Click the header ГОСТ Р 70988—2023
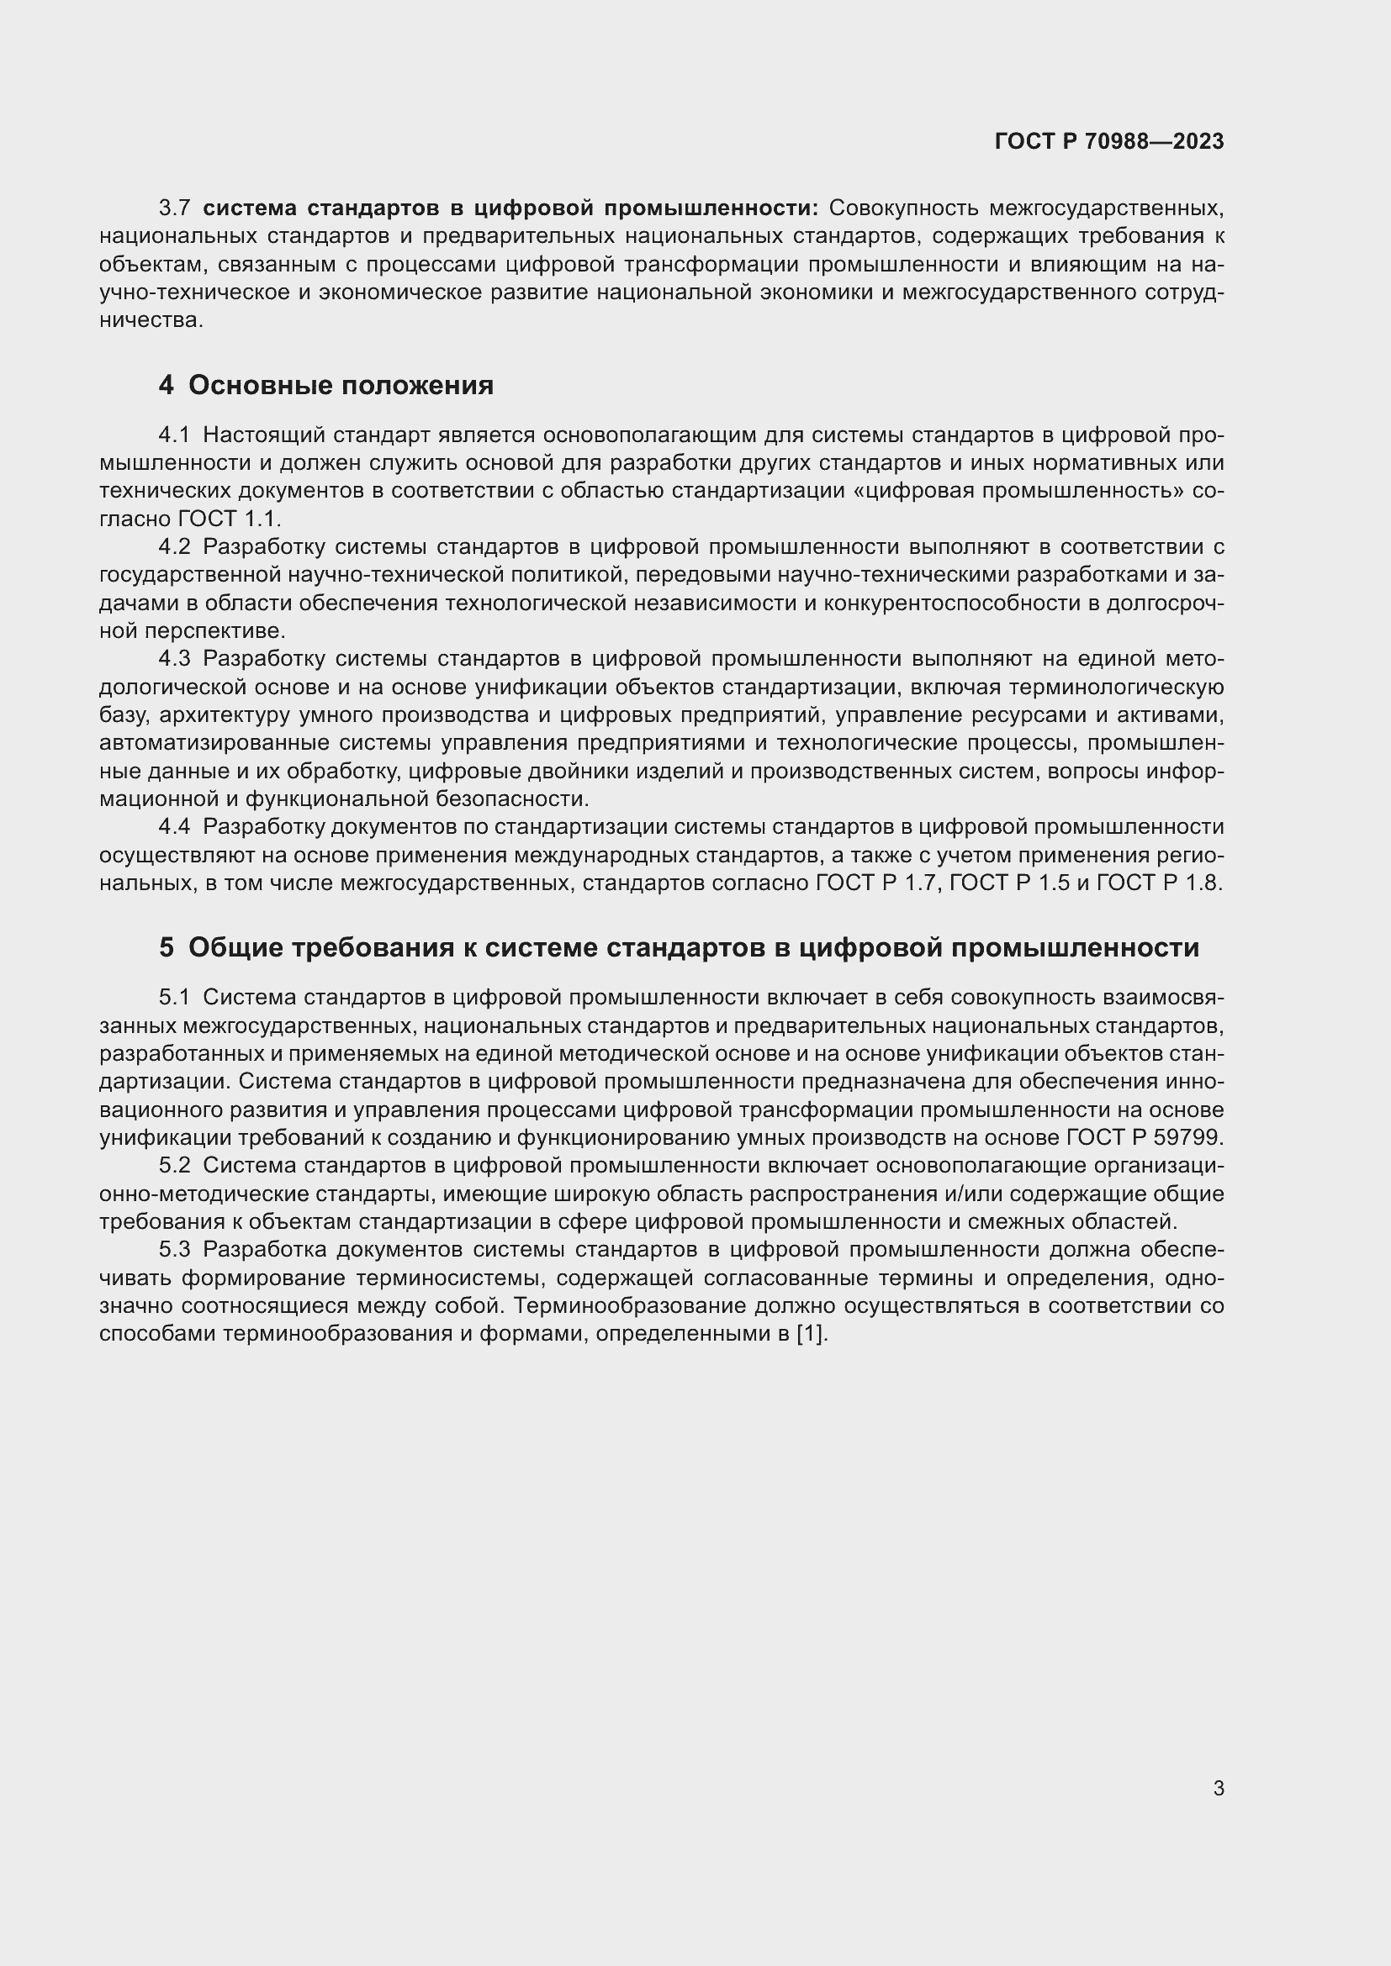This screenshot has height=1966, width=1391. coord(1109,142)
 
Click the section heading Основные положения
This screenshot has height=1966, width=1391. coord(341,385)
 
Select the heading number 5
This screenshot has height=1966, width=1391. coord(167,948)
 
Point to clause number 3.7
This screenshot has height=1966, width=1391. coord(174,208)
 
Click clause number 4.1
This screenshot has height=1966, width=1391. coord(175,435)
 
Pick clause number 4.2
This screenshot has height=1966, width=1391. coord(175,547)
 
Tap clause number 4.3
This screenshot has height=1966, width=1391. coord(175,659)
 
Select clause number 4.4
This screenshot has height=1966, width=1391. coord(175,827)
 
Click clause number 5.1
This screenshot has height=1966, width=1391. coord(175,998)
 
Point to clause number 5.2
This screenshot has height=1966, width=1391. coord(175,1165)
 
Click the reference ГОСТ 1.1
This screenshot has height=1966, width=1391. coord(229,519)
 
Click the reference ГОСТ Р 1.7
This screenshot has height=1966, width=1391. coord(878,883)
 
